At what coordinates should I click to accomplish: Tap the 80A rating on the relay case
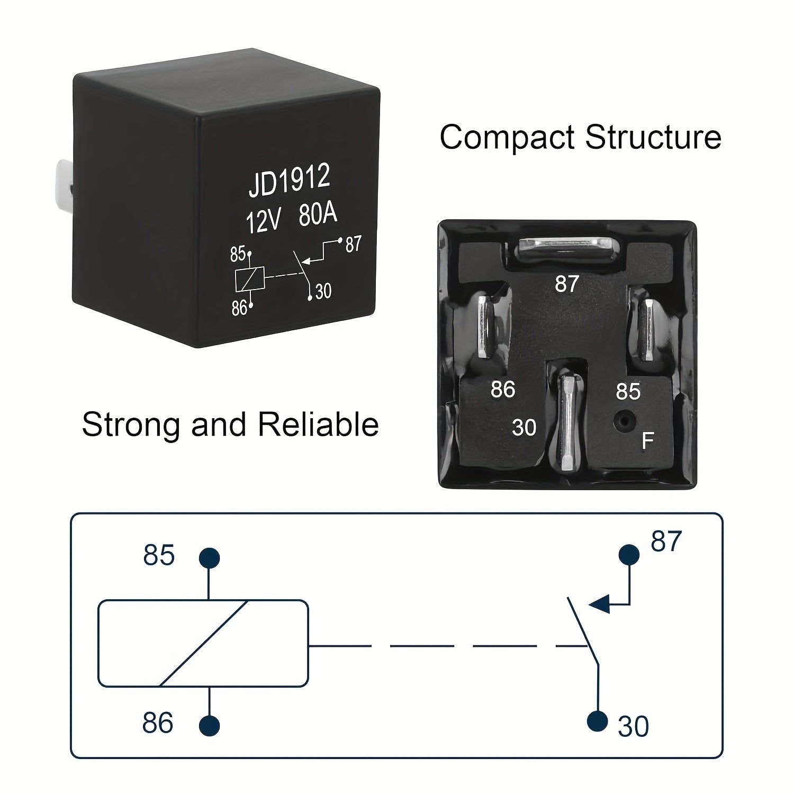point(318,215)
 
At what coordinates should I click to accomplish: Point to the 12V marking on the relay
point(263,221)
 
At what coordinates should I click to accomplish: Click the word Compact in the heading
point(507,138)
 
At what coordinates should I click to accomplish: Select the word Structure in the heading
point(653,138)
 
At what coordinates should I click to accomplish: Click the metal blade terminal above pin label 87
point(567,247)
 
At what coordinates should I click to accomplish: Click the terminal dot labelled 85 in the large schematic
point(209,558)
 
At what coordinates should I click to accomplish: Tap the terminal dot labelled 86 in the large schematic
point(210,725)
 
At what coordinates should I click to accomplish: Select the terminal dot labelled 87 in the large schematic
point(629,555)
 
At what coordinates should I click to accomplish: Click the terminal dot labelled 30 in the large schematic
point(598,720)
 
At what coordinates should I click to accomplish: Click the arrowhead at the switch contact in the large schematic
point(599,603)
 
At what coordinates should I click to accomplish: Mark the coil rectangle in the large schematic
point(203,643)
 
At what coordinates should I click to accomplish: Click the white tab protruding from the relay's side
point(63,182)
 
